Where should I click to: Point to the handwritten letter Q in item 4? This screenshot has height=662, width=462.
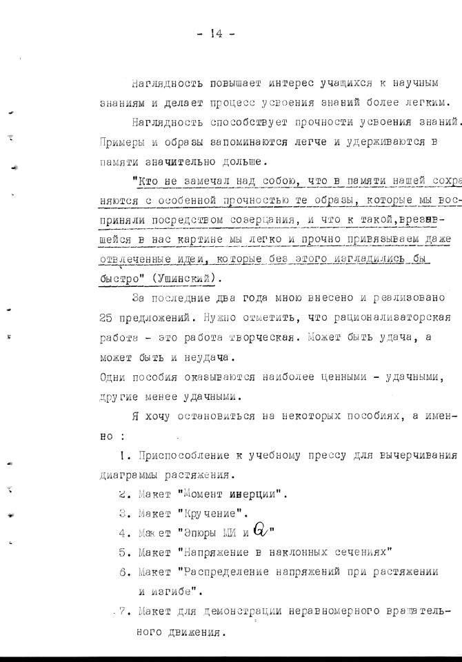coord(259,530)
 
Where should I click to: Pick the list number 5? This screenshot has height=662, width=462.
coord(123,552)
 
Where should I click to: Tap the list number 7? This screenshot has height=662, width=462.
coord(123,611)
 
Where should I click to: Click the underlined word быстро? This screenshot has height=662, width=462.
coord(117,279)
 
